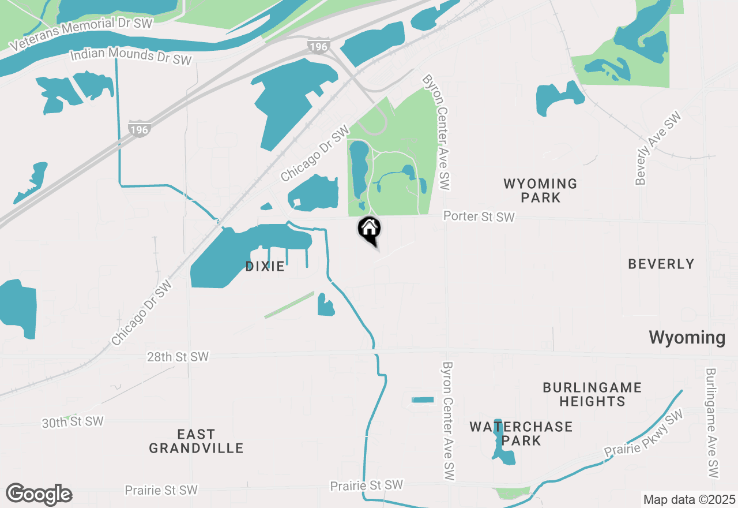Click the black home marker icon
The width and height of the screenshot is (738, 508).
point(369,229)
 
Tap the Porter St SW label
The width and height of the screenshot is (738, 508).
point(479,216)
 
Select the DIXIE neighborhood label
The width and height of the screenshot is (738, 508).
point(265,266)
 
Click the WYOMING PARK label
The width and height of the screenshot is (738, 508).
point(540,190)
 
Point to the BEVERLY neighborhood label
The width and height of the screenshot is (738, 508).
point(661,264)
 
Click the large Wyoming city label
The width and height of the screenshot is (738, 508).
point(687,338)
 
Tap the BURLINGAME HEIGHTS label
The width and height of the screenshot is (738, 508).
point(592,394)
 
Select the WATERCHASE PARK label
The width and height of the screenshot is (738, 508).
point(521,434)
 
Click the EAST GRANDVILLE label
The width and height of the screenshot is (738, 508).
point(196,440)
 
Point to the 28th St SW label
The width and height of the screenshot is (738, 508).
point(178,357)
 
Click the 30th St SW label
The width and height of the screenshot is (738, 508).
point(73,422)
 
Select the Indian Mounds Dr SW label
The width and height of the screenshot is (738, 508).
point(130,57)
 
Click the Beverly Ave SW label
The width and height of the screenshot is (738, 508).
point(658,148)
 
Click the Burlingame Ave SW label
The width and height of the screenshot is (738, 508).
point(712,423)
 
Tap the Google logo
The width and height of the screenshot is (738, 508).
point(39,495)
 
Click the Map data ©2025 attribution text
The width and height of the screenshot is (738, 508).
point(689,499)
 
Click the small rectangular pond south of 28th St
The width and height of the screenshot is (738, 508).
point(423,399)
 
